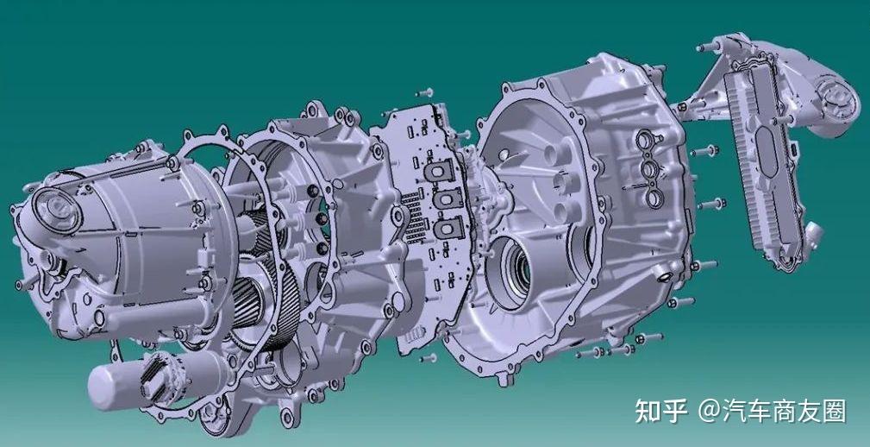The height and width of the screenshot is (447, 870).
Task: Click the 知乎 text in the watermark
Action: pyautogui.click(x=660, y=412)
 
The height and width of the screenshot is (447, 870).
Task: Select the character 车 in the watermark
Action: pyautogui.click(x=760, y=412)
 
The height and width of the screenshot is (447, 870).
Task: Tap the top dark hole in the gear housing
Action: pyautogui.click(x=306, y=192)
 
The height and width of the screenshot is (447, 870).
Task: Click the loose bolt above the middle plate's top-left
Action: pyautogui.click(x=423, y=91)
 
